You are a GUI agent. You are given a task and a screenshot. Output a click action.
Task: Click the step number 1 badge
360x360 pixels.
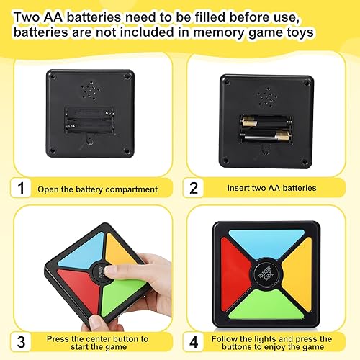click(x=22, y=189)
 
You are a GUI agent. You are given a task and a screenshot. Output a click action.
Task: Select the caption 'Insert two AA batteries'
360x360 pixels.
click(x=272, y=189)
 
